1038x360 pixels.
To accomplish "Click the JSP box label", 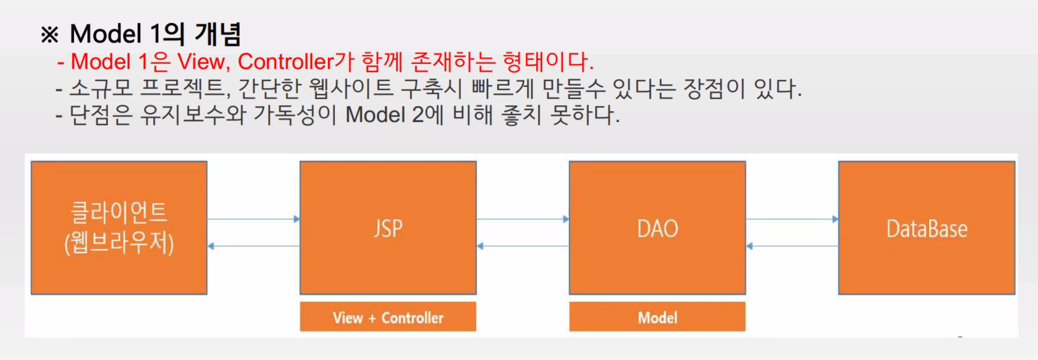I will pyautogui.click(x=388, y=229).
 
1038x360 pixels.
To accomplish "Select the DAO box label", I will pyautogui.click(x=657, y=229).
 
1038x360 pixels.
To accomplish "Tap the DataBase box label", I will pyautogui.click(x=926, y=229).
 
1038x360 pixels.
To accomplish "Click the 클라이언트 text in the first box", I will pyautogui.click(x=119, y=212).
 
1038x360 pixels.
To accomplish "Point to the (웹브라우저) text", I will pyautogui.click(x=119, y=243).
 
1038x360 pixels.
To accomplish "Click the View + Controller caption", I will pyautogui.click(x=388, y=317).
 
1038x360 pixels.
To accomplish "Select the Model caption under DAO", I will pyautogui.click(x=657, y=317).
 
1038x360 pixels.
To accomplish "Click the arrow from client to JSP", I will pyautogui.click(x=253, y=219).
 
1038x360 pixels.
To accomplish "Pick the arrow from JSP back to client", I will pyautogui.click(x=253, y=246).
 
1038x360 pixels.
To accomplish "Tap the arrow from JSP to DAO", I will pyautogui.click(x=523, y=219).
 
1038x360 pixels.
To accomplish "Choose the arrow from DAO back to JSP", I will pyautogui.click(x=523, y=246).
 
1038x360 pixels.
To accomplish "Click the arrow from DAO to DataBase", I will pyautogui.click(x=792, y=219).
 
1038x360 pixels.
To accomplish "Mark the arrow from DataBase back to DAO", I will pyautogui.click(x=792, y=246).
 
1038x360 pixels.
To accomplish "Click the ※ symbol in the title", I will pyautogui.click(x=50, y=35).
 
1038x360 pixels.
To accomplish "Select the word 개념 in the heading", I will pyautogui.click(x=218, y=34).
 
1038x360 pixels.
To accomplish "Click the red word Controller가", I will pyautogui.click(x=296, y=62).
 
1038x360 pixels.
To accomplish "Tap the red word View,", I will pyautogui.click(x=201, y=62).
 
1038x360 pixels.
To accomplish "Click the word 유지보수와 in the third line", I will pyautogui.click(x=193, y=115).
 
